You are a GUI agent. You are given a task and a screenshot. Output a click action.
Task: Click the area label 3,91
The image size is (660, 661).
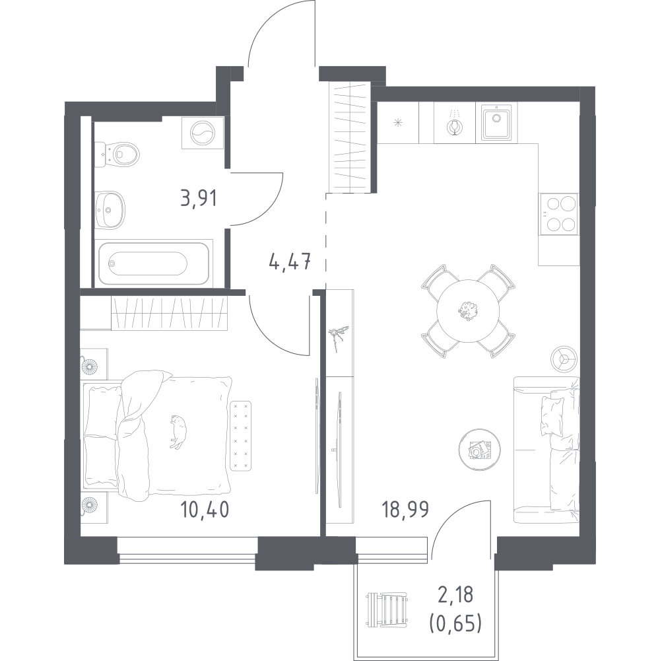(199, 198)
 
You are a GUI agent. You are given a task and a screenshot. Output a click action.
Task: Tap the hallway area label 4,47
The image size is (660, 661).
(290, 262)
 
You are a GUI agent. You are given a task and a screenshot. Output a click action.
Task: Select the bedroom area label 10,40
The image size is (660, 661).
(205, 509)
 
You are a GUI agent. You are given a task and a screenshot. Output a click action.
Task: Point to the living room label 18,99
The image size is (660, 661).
(405, 509)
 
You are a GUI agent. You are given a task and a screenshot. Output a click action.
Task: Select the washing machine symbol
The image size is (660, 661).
(203, 133)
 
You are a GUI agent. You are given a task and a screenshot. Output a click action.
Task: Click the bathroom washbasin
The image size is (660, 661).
(110, 209)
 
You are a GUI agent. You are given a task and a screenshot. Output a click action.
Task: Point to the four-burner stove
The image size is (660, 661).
(559, 214)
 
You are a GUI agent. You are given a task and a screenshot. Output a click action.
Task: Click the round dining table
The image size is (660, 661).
(468, 311)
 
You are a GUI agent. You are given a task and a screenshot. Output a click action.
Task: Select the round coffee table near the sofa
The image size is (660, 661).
(479, 450)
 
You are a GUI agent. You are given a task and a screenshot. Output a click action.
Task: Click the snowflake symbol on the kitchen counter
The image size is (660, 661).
(398, 123)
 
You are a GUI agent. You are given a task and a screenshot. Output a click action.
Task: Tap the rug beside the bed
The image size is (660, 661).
(241, 435)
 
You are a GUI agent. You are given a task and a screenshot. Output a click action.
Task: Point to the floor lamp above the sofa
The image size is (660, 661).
(564, 359)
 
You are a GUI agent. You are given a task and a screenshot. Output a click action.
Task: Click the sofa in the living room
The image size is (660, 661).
(546, 450)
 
